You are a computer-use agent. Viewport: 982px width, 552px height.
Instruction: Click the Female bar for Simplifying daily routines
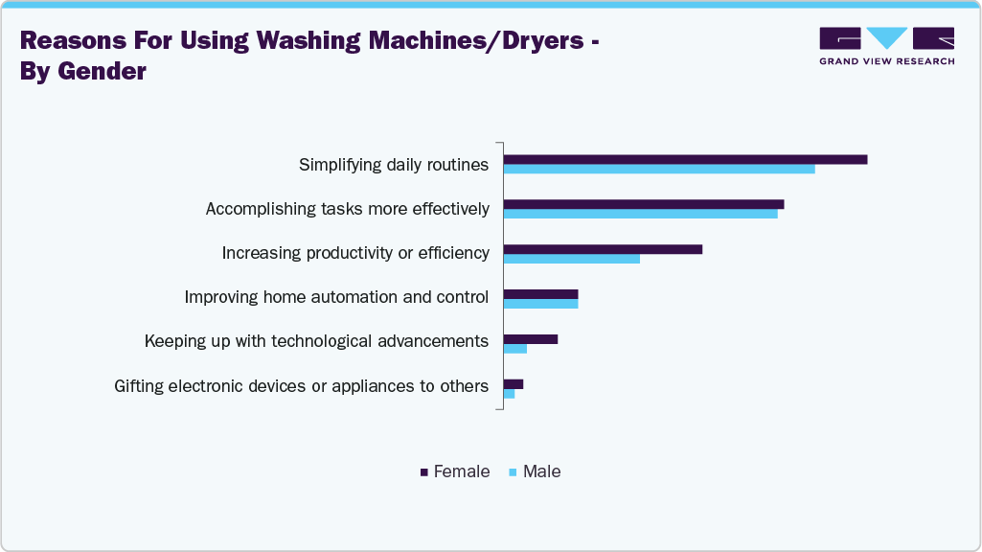pos(685,159)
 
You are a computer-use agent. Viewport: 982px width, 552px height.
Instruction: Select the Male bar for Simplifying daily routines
pos(659,170)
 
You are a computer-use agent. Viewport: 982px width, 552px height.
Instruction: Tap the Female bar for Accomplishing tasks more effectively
pos(644,204)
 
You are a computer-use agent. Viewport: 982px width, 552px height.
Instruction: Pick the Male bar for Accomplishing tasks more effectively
pos(640,214)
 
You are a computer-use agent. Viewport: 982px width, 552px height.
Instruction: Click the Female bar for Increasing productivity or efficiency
pos(603,249)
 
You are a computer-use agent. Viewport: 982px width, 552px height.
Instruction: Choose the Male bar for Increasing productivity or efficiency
pos(571,259)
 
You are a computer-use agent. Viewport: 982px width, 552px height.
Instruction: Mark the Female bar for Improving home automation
pos(540,294)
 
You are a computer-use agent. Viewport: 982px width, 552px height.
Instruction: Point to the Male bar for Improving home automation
pos(540,304)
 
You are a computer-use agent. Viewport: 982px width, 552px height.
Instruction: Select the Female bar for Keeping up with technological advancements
pos(530,339)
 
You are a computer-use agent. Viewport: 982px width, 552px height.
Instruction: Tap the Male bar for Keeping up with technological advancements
pos(514,349)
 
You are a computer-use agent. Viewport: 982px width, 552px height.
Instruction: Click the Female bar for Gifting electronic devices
pos(513,384)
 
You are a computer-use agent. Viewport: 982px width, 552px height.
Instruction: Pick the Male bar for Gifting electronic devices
pos(509,394)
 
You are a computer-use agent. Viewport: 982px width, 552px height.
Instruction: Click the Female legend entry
pos(455,471)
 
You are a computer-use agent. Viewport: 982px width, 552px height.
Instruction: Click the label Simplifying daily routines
pos(394,165)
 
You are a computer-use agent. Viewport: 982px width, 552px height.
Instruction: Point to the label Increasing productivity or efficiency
pos(355,253)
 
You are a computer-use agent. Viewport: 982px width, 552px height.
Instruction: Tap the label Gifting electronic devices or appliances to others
pos(301,386)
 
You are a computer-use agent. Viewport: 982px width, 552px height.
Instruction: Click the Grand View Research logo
pos(886,45)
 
